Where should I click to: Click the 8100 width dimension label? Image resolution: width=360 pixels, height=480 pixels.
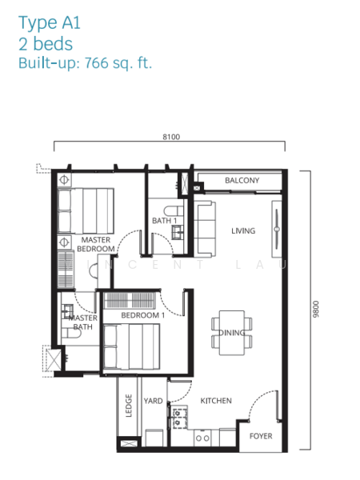coord(171,137)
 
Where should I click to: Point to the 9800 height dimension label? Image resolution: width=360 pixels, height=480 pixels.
coord(316,309)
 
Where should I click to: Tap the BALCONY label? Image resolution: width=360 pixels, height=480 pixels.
coord(242,180)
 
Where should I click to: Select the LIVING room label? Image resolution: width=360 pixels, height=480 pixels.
coord(243,231)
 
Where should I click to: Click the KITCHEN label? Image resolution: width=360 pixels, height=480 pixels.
coord(216,401)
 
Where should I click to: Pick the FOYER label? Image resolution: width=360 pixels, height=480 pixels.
coord(261,436)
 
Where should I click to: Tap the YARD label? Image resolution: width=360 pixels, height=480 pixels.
coord(153,401)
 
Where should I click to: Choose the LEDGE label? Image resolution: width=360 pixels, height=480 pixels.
coord(129,406)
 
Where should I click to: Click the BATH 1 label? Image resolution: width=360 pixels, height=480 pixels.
coord(164,221)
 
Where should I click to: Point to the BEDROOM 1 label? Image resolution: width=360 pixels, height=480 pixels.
coord(143,315)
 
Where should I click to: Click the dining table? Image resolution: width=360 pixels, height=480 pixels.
coord(232,333)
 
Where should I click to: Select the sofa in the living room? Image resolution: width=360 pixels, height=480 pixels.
coord(205,229)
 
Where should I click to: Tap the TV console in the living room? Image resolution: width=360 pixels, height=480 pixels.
coord(277,229)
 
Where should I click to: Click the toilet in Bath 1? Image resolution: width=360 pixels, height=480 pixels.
coord(174,211)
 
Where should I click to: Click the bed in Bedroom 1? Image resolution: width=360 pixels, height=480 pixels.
coord(131,347)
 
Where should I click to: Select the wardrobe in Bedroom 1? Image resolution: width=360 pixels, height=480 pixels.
coord(130,300)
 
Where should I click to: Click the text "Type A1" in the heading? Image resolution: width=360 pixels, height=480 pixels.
coord(50,23)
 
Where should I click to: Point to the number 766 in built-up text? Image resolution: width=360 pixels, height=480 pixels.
coord(97,63)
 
